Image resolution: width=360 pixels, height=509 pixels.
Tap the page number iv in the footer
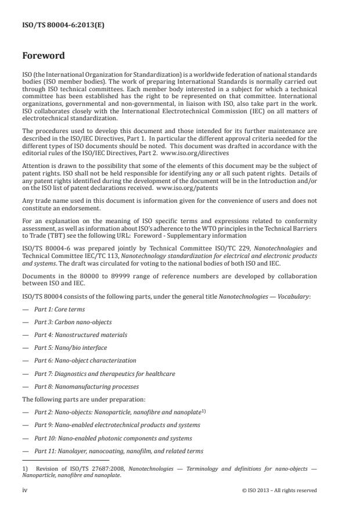click(24, 490)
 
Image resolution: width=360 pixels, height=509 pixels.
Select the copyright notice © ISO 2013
click(279, 490)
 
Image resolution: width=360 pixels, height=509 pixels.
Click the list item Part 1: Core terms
click(61, 309)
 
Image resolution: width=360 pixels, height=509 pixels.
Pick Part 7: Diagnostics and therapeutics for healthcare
click(105, 373)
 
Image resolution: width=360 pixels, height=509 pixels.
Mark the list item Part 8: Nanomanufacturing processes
click(87, 386)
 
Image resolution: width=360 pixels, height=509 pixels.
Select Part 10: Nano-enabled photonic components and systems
click(113, 438)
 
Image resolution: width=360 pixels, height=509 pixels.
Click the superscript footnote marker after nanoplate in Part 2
click(203, 410)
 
